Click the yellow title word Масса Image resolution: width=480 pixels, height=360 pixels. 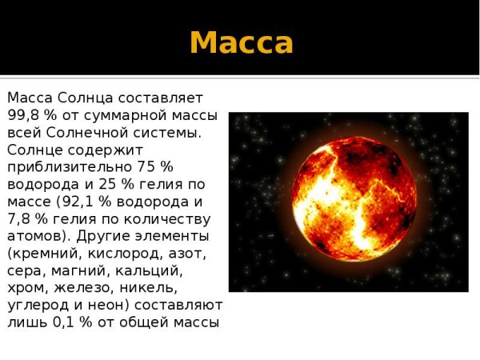241,42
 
